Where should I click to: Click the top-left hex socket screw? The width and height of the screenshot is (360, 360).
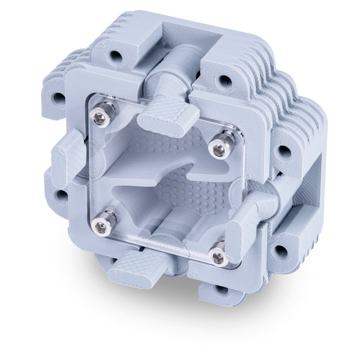coord(100,117)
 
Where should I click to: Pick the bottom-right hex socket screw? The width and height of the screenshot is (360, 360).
coord(218,257)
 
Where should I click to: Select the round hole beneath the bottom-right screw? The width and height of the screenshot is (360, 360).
coord(219,289)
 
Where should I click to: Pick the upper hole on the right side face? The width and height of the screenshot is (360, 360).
coord(283,152)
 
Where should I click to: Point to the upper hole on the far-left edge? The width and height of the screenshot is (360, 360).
coord(59,97)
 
